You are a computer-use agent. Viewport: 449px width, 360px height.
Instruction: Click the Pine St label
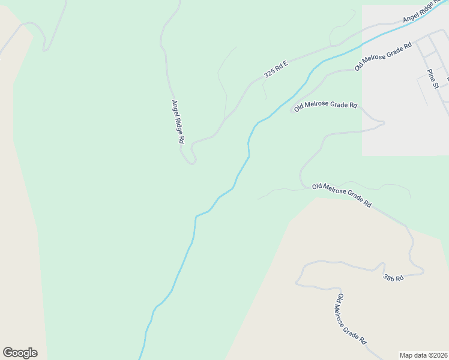pyautogui.click(x=433, y=79)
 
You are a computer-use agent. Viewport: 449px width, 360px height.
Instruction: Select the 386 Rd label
pyautogui.click(x=393, y=277)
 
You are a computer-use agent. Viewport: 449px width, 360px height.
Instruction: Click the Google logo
pyautogui.click(x=20, y=353)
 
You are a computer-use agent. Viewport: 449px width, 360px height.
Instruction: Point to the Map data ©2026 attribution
pyautogui.click(x=423, y=355)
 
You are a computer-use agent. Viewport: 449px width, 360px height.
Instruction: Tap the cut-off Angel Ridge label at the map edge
pyautogui.click(x=425, y=12)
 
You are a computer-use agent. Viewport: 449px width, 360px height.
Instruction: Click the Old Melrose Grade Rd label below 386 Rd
pyautogui.click(x=351, y=319)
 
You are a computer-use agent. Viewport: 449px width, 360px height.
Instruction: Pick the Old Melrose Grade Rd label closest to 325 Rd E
pyautogui.click(x=326, y=106)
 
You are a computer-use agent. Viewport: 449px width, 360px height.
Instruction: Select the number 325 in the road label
pyautogui.click(x=270, y=73)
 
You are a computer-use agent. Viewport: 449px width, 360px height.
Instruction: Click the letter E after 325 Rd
pyautogui.click(x=286, y=62)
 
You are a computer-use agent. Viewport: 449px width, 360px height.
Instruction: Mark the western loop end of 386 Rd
pyautogui.click(x=298, y=281)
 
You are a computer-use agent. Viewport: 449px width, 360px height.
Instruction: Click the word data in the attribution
pyautogui.click(x=418, y=355)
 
